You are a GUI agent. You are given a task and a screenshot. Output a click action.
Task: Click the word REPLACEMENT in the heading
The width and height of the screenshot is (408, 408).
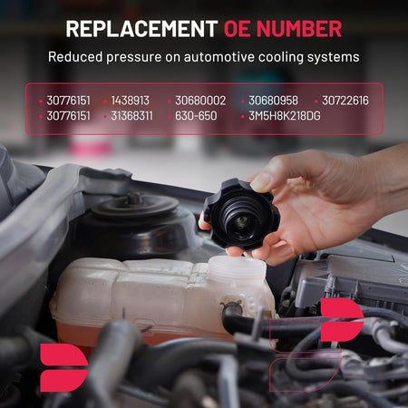pyautogui.click(x=141, y=29)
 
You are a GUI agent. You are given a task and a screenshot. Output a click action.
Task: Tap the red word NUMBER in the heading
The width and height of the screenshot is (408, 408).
pyautogui.click(x=299, y=29)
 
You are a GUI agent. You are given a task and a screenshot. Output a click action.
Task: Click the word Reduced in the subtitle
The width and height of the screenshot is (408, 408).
pyautogui.click(x=75, y=57)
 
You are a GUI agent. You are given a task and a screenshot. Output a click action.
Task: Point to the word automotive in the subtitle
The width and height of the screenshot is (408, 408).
pyautogui.click(x=219, y=57)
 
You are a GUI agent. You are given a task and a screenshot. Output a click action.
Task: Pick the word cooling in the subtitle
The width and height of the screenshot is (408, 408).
pyautogui.click(x=281, y=57)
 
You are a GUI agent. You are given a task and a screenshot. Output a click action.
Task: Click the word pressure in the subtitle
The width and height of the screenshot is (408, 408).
pyautogui.click(x=133, y=57)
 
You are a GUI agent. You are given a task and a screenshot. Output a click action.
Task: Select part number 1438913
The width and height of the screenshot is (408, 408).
pyautogui.click(x=130, y=101)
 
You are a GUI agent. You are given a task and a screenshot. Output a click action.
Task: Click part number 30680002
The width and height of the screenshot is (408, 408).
pyautogui.click(x=200, y=101)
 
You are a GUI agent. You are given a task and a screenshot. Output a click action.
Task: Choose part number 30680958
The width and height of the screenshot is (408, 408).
pyautogui.click(x=273, y=101)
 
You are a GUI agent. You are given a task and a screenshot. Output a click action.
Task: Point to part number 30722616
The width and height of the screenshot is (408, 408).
pyautogui.click(x=345, y=101)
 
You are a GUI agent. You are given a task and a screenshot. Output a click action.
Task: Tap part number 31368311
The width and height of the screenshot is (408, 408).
pyautogui.click(x=131, y=116)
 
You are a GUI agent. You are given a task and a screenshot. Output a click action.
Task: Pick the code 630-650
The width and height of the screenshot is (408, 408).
pyautogui.click(x=196, y=116)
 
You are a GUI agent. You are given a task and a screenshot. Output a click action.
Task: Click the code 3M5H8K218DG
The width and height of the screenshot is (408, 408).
pyautogui.click(x=285, y=116)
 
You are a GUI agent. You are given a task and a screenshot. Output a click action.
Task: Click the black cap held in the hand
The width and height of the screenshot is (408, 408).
pyautogui.click(x=241, y=215)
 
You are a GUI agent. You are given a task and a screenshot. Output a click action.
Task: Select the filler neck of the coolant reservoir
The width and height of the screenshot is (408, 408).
pyautogui.click(x=238, y=269)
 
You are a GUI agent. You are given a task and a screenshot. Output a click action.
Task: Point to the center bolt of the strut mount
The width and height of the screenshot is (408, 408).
pyautogui.click(x=134, y=198)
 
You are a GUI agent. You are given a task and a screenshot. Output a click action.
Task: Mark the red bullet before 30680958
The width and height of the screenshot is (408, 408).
pyautogui.click(x=243, y=102)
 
